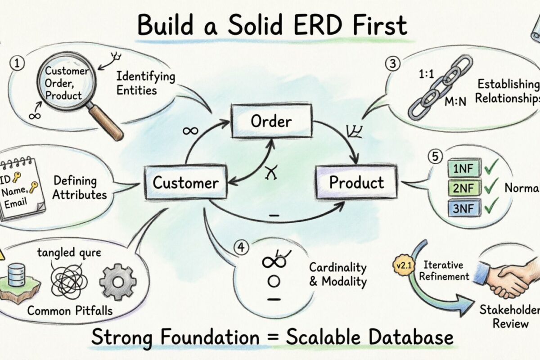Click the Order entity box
[271, 121]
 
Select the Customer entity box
[185, 183]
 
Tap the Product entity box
[356, 183]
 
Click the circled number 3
[392, 64]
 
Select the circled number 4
[242, 247]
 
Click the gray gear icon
[117, 282]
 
